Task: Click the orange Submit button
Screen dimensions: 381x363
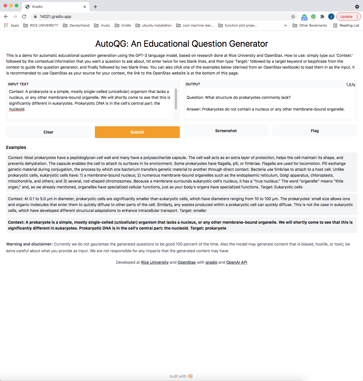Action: point(137,132)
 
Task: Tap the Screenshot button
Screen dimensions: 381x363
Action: point(226,131)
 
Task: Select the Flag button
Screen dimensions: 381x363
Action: point(314,131)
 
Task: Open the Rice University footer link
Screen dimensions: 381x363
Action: point(155,262)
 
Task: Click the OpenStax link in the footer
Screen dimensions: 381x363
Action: point(187,262)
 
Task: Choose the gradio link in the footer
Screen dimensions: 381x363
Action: point(211,262)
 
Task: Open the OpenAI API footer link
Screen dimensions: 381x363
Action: point(236,262)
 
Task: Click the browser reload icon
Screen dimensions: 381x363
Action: point(24,17)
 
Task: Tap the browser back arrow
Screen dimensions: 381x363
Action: point(6,17)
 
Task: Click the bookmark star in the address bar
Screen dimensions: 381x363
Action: point(293,17)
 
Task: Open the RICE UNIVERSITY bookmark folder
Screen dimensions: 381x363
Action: point(41,25)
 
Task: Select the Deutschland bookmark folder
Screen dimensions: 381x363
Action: point(76,25)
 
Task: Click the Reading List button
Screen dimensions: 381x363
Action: point(346,25)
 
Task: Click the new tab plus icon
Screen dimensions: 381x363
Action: point(95,7)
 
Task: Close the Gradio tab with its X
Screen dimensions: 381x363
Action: point(85,7)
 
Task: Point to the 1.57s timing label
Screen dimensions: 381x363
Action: point(350,85)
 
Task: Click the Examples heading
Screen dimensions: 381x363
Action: point(16,147)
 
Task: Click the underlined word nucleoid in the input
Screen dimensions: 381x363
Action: point(17,109)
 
